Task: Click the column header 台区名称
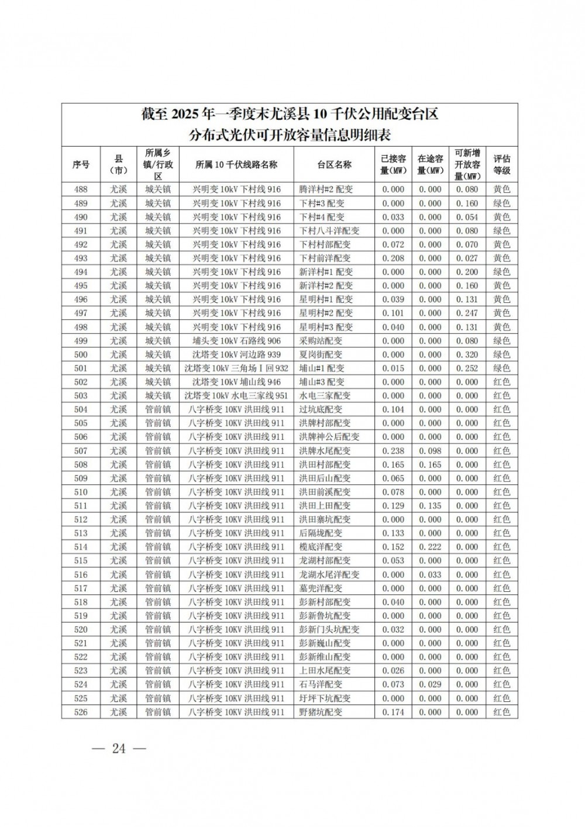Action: (x=335, y=164)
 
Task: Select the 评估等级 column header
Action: (x=501, y=164)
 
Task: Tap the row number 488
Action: (x=81, y=189)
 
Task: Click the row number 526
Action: (x=81, y=712)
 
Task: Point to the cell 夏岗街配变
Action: (x=321, y=354)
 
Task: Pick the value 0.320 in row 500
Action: (x=467, y=354)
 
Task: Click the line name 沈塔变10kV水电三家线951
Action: (x=236, y=396)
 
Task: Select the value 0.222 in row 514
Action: (x=430, y=547)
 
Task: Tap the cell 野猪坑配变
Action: (x=321, y=712)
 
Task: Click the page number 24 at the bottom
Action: (x=119, y=748)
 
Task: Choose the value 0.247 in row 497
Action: (x=467, y=313)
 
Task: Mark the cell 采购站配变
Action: (x=321, y=341)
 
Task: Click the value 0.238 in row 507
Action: (x=393, y=451)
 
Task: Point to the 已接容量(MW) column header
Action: (x=393, y=164)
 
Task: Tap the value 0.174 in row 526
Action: (x=393, y=712)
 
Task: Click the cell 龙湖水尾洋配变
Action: (x=329, y=574)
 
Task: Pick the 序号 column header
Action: (x=81, y=164)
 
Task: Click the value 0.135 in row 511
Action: (x=430, y=506)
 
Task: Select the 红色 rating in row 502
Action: (x=501, y=382)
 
